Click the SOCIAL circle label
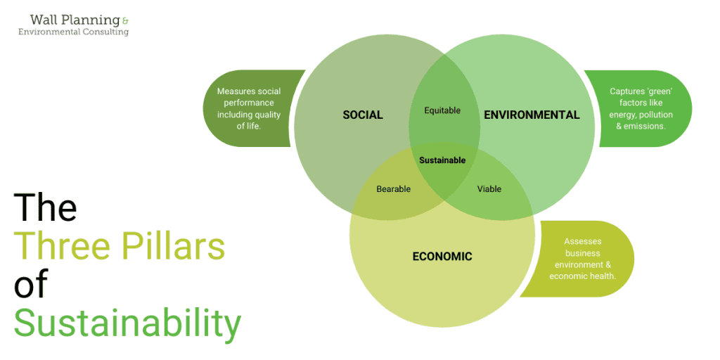click(x=363, y=115)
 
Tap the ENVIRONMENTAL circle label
click(x=532, y=115)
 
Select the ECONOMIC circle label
click(x=442, y=256)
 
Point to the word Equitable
click(x=442, y=110)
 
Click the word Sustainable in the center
click(x=443, y=160)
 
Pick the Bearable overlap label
click(x=394, y=188)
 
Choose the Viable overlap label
click(x=489, y=188)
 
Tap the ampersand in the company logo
click(x=125, y=20)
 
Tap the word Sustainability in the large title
click(x=127, y=323)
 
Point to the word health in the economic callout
click(x=603, y=276)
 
